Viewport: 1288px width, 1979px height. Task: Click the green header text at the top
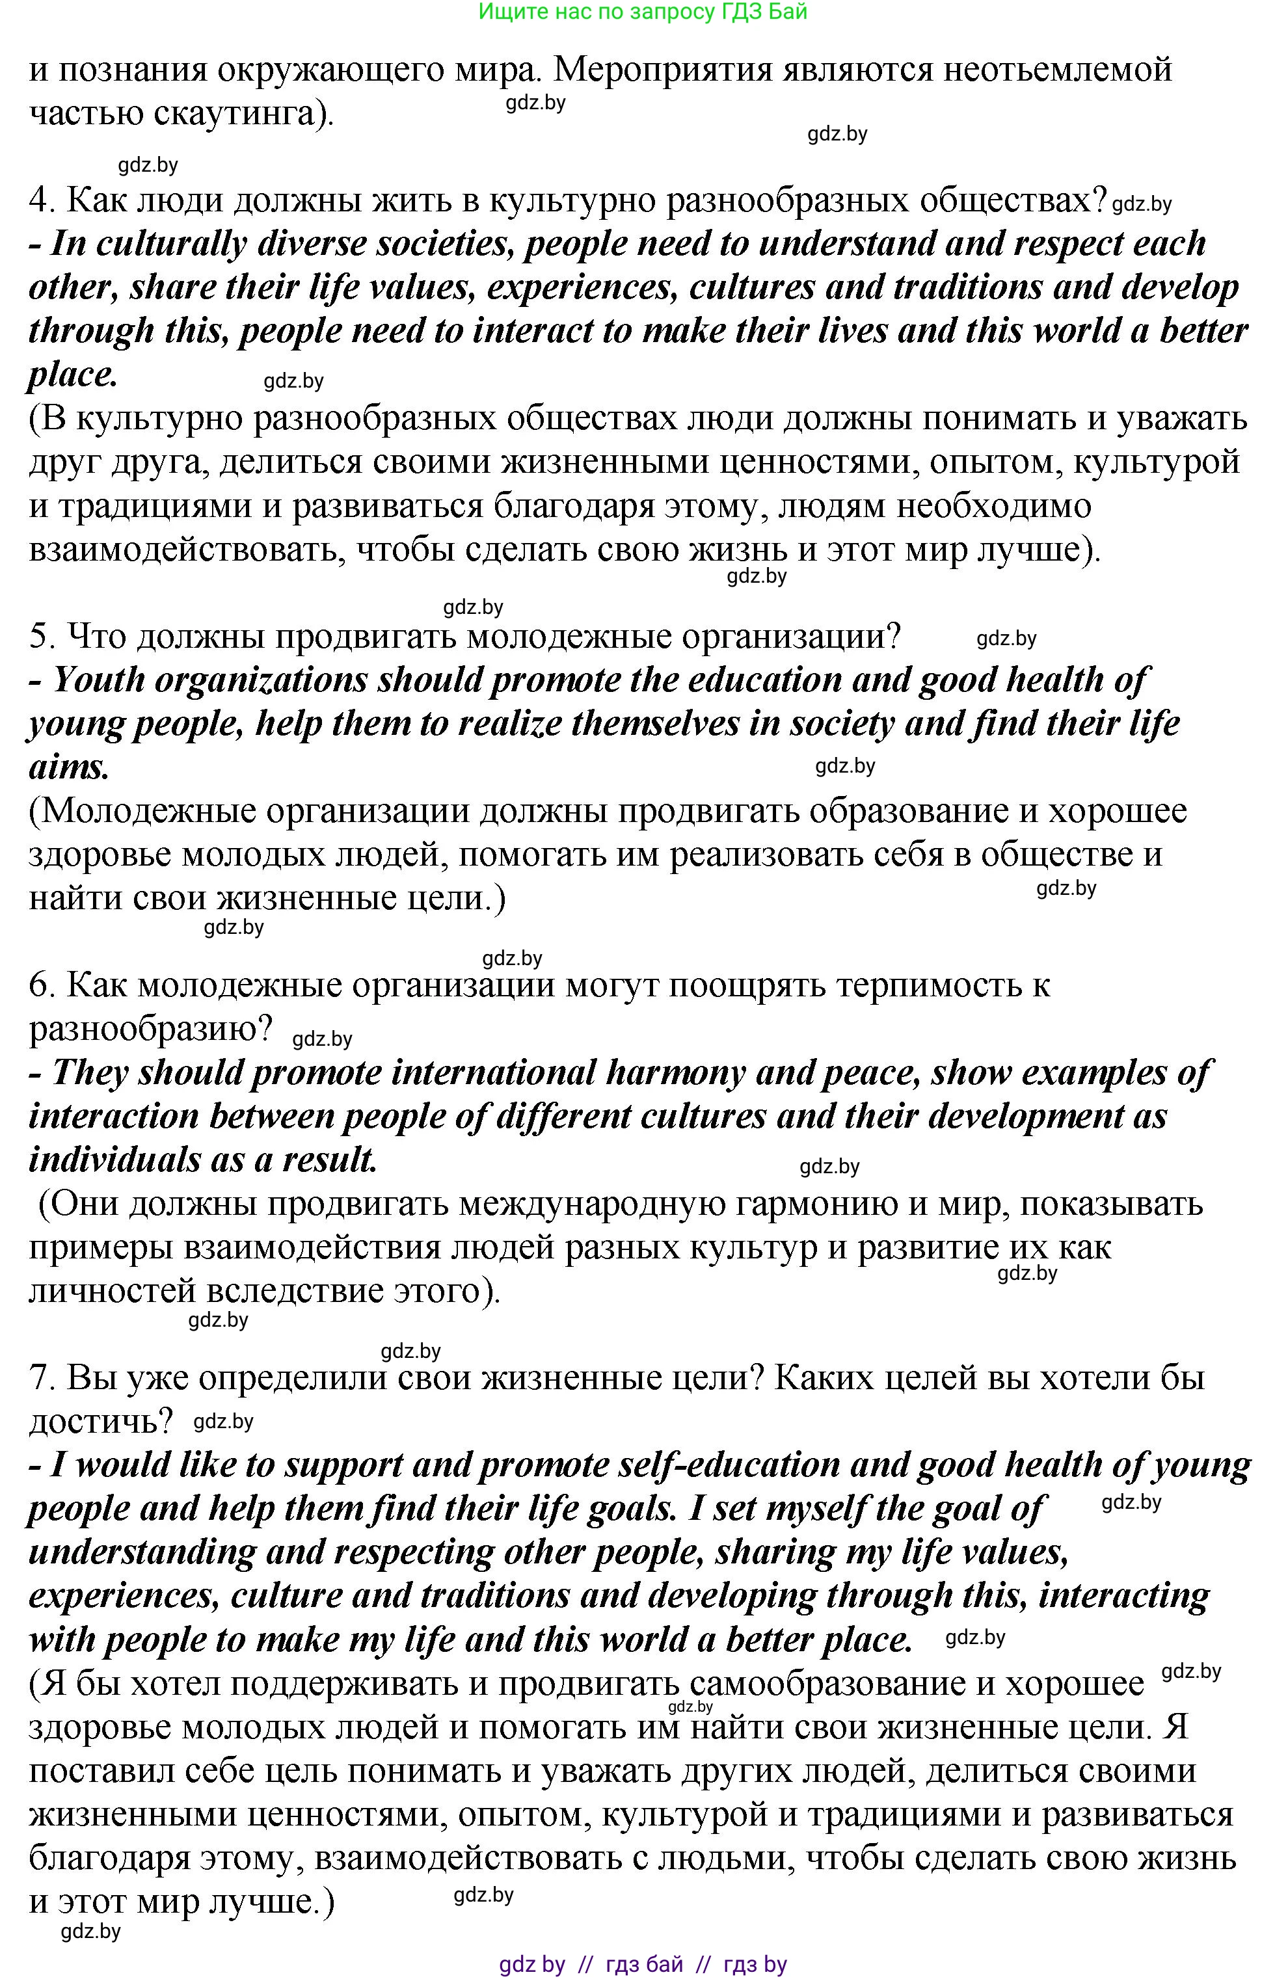[643, 12]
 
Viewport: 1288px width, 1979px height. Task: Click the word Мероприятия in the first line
[661, 69]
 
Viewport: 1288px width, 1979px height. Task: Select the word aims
[69, 767]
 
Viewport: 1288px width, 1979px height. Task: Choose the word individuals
[113, 1161]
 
